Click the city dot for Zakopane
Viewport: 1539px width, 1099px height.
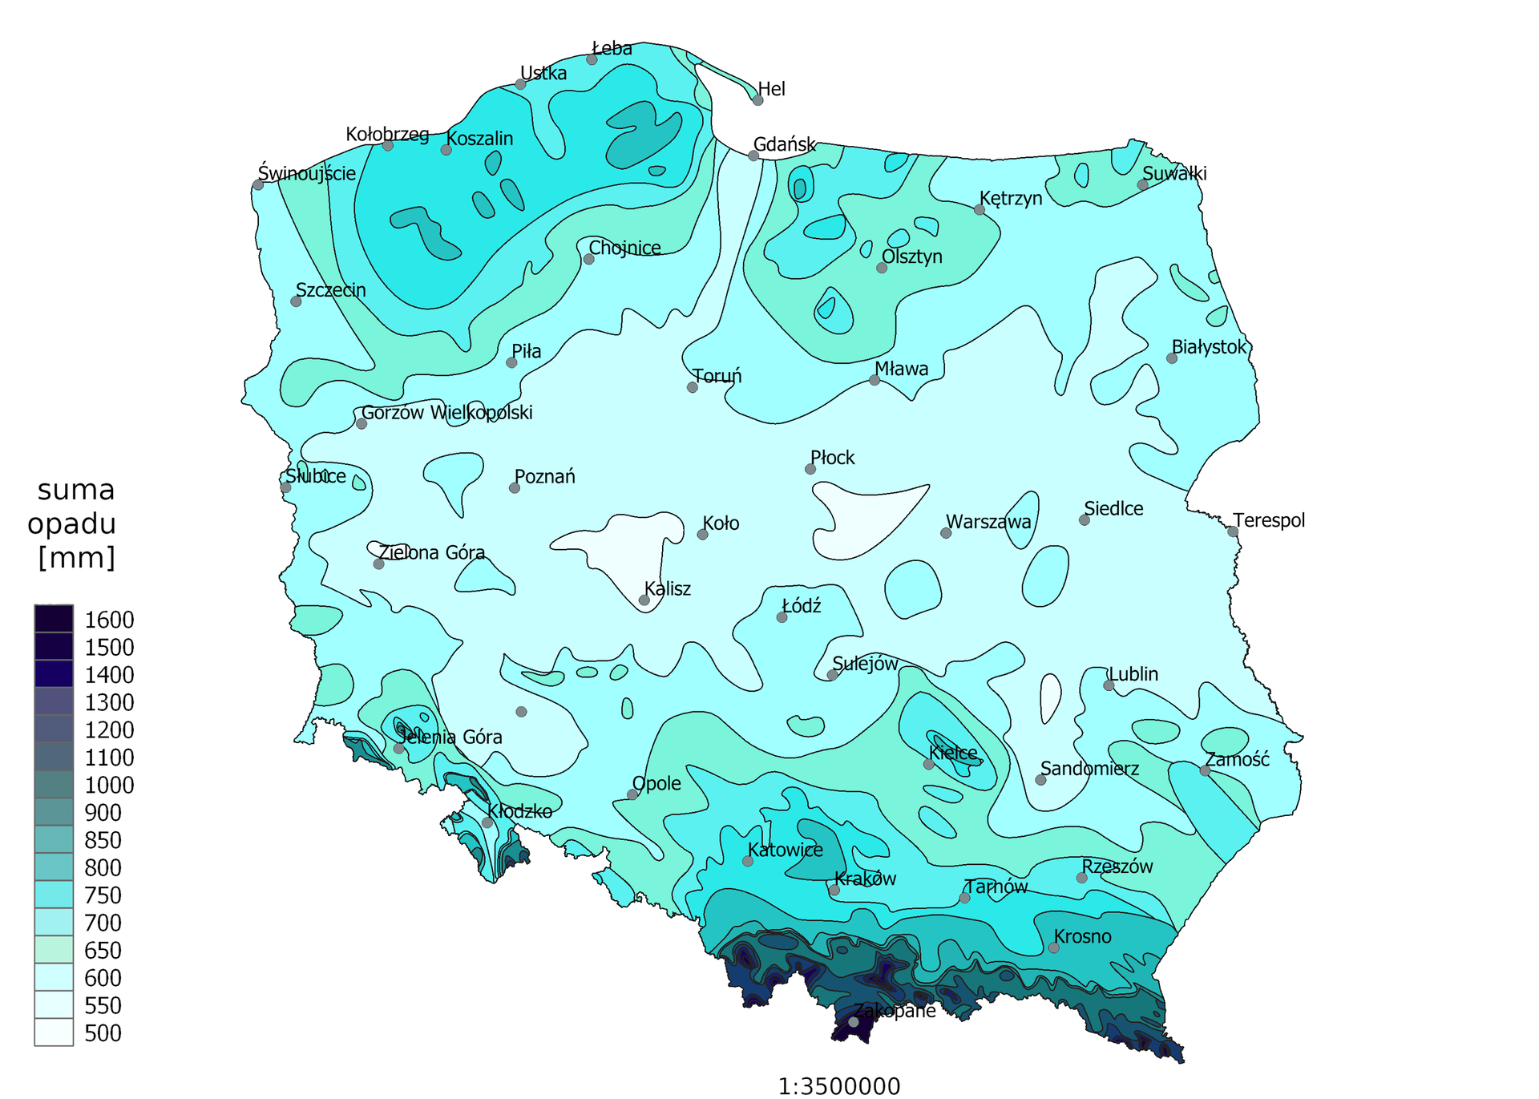tap(854, 1022)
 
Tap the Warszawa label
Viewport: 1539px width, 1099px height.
tap(988, 522)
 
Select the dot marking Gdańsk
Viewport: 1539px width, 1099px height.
tap(753, 156)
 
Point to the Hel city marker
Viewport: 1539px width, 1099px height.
tap(757, 100)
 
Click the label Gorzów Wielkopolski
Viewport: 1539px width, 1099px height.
tap(446, 413)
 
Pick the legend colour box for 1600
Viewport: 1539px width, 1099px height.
tap(54, 619)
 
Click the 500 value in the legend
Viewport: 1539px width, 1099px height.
tap(103, 1033)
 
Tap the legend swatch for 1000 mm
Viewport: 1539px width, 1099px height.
tap(54, 785)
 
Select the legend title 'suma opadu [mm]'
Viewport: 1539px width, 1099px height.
tap(75, 523)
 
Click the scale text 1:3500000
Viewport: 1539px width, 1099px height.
tap(838, 1086)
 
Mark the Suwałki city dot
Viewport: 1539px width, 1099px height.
tap(1142, 185)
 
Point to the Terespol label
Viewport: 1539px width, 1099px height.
tap(1269, 520)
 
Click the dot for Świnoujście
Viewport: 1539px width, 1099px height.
tap(258, 185)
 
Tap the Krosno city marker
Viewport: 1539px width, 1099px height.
tap(1053, 947)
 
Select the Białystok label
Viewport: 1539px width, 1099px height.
tap(1209, 347)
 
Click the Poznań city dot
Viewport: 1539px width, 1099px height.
tap(515, 487)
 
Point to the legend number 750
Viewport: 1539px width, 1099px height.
tap(103, 895)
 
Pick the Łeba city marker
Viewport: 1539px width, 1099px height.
tap(592, 59)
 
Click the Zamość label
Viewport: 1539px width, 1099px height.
tap(1238, 759)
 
